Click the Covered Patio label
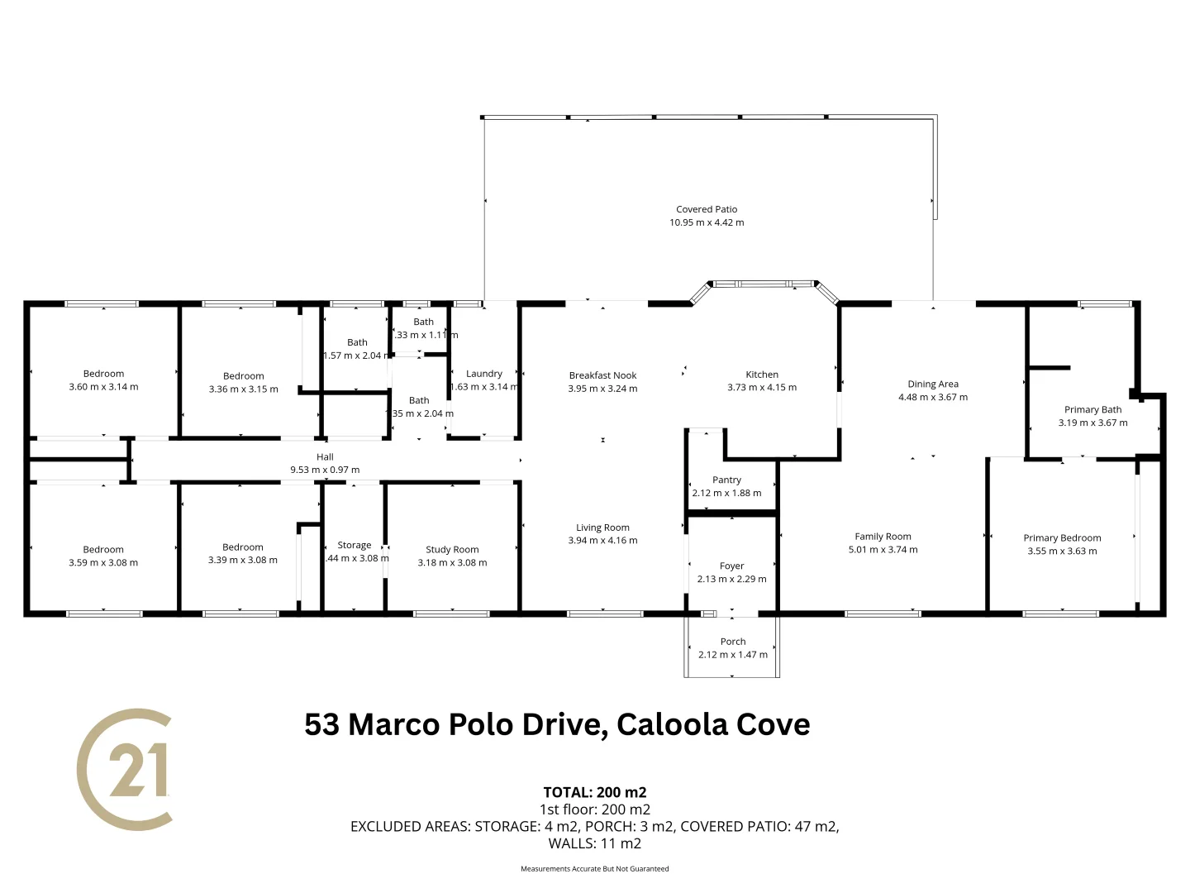[707, 209]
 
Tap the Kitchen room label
[762, 375]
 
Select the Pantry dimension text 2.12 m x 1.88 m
[726, 493]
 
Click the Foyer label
[731, 566]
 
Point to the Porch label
[733, 642]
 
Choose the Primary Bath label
[1092, 409]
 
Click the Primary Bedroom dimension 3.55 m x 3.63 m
[1062, 551]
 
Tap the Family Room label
[883, 537]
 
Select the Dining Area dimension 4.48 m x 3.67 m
[933, 397]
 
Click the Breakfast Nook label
[602, 375]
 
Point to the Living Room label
[602, 528]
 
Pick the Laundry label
[484, 374]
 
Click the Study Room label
[452, 550]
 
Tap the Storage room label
[355, 546]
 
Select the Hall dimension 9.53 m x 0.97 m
[325, 470]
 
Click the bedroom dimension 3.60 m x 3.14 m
[103, 387]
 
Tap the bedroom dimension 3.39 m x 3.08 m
[243, 560]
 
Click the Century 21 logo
[126, 769]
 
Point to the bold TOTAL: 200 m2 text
[594, 792]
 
